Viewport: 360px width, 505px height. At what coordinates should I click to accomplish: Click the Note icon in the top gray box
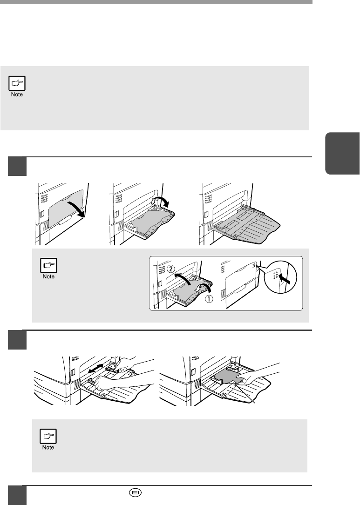coord(18,83)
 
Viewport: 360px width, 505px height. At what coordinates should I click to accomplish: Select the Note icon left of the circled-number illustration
coord(48,269)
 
